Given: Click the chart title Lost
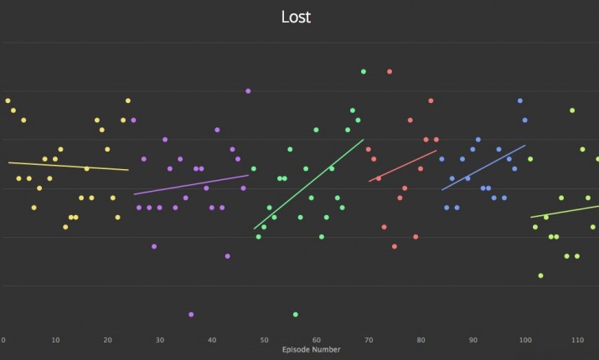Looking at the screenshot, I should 295,18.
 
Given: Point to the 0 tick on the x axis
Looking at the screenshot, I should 3,341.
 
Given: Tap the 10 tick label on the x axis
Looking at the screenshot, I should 55,341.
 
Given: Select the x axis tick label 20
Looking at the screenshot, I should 107,341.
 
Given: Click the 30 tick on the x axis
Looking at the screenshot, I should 159,341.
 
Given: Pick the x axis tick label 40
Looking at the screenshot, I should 212,341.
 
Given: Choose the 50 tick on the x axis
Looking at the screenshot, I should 264,341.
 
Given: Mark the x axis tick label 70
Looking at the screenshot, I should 369,341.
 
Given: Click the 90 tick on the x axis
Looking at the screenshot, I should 473,341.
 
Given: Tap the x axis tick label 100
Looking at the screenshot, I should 525,341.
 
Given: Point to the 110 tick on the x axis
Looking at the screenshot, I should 577,341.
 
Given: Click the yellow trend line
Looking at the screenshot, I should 67,166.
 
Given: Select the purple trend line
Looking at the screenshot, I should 191,184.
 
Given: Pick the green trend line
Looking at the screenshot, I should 308,184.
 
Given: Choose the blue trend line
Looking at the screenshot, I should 483,167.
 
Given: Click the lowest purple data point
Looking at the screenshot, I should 191,315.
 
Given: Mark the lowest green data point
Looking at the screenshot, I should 296,315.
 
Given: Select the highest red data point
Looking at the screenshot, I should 390,72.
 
